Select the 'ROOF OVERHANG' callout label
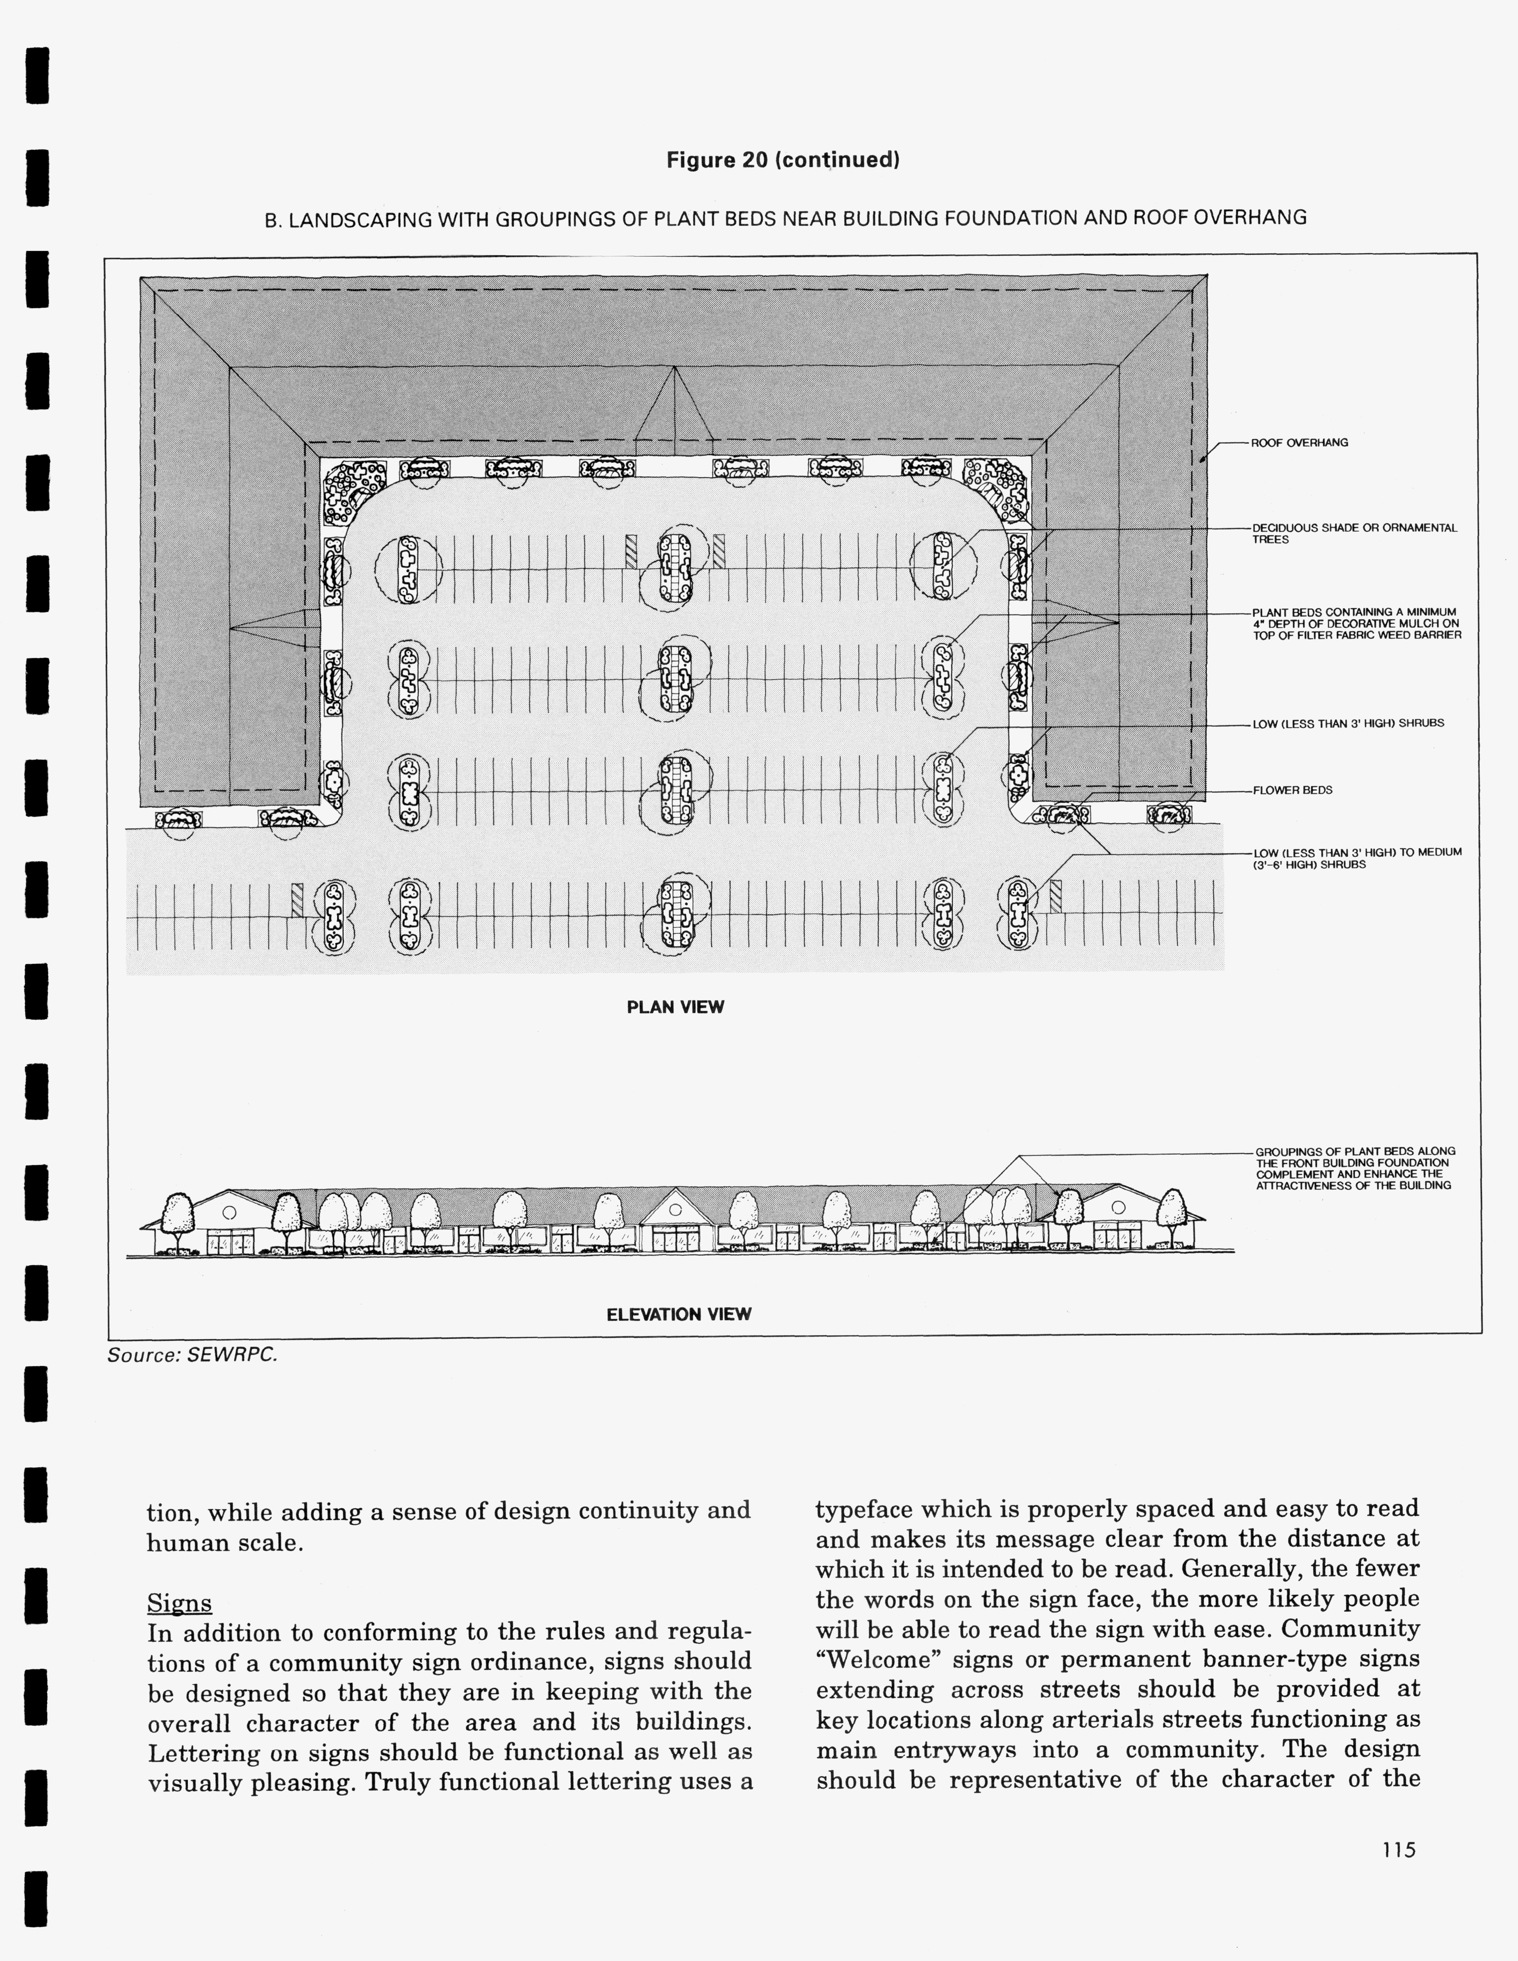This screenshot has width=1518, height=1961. [x=1299, y=443]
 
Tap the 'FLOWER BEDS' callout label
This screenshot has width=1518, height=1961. [x=1292, y=790]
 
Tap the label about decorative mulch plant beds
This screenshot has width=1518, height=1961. [x=1356, y=623]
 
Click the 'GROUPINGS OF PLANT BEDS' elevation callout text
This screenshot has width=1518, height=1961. [x=1355, y=1168]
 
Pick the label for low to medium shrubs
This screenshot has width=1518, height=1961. [x=1356, y=857]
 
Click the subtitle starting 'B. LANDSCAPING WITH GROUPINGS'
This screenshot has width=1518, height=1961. [x=785, y=218]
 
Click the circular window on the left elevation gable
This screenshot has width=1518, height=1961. [x=229, y=1212]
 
